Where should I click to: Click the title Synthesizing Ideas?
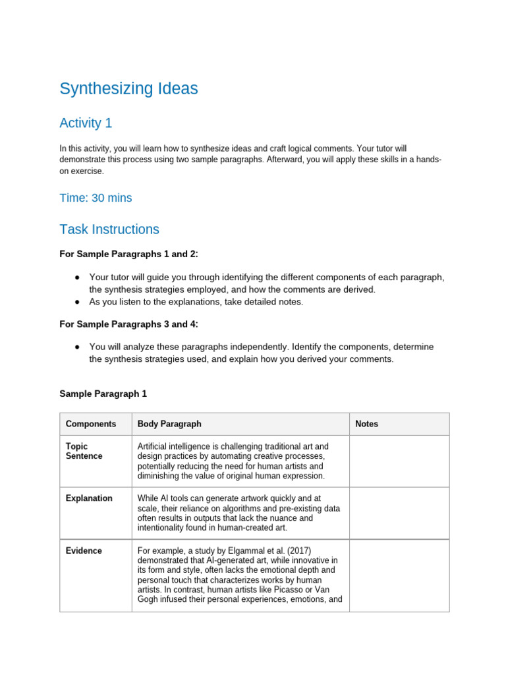click(x=128, y=89)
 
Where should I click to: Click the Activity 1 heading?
click(x=80, y=123)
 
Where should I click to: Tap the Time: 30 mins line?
click(x=96, y=198)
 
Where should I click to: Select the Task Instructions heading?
click(x=109, y=229)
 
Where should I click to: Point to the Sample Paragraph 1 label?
click(x=103, y=394)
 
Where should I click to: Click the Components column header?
click(x=91, y=424)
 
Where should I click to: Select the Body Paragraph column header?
click(x=169, y=424)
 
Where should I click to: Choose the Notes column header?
click(x=366, y=424)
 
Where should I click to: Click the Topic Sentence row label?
click(x=84, y=452)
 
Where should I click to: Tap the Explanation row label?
click(x=89, y=498)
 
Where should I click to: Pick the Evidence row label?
click(x=84, y=550)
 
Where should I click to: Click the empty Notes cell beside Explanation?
click(x=399, y=514)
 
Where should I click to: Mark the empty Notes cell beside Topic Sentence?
click(x=399, y=461)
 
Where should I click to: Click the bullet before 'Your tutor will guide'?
click(x=78, y=278)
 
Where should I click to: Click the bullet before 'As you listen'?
click(x=78, y=301)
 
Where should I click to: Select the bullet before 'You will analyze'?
click(x=78, y=347)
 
